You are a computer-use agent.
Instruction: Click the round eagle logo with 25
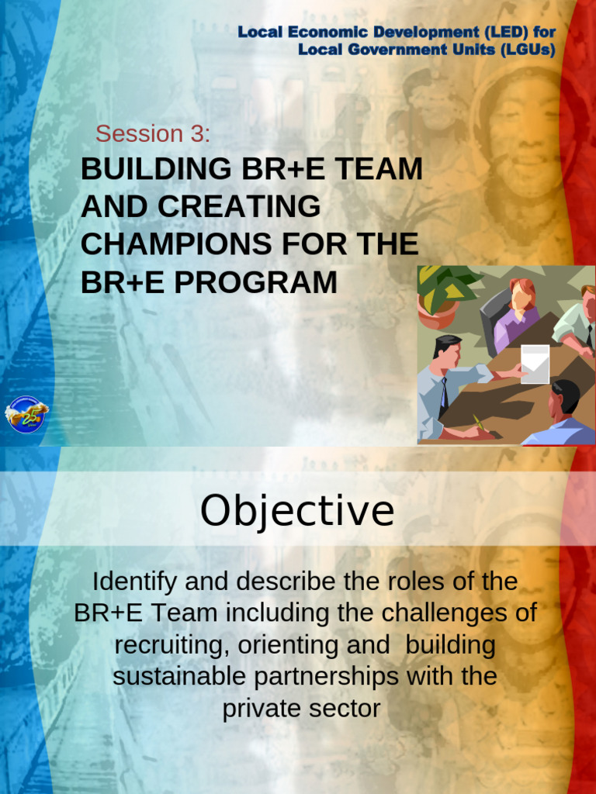26,414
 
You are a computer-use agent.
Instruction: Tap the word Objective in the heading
297,510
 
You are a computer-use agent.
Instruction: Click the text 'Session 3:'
153,133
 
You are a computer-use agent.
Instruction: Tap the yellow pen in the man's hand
478,423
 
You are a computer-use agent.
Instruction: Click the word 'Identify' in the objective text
133,581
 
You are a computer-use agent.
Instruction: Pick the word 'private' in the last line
260,708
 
